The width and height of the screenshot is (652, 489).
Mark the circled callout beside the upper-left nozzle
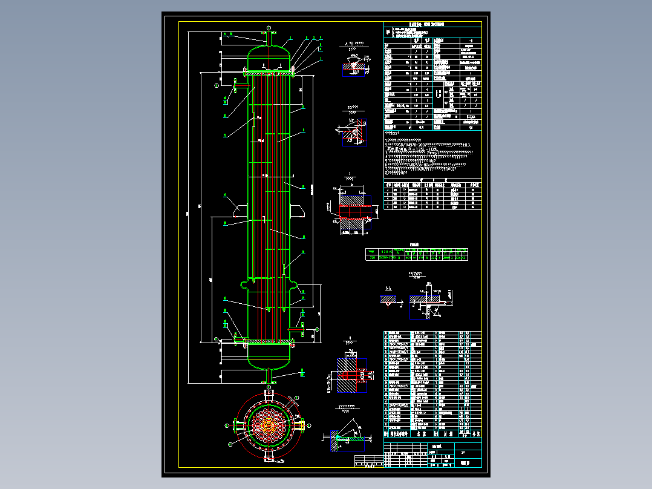click(217, 86)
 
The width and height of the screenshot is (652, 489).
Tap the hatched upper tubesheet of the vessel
click(269, 73)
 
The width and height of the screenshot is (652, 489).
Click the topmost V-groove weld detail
click(353, 67)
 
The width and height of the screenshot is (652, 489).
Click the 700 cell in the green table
click(372, 257)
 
